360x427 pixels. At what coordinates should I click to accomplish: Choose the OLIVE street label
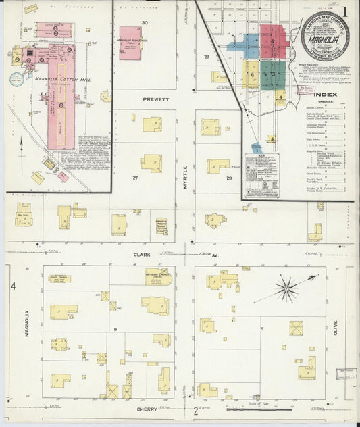338,330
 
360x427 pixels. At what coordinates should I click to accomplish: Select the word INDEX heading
324,94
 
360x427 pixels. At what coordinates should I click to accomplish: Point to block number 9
115,330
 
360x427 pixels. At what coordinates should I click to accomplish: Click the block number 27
135,178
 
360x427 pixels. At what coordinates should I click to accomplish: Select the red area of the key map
273,40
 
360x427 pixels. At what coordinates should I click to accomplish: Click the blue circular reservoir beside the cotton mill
16,78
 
